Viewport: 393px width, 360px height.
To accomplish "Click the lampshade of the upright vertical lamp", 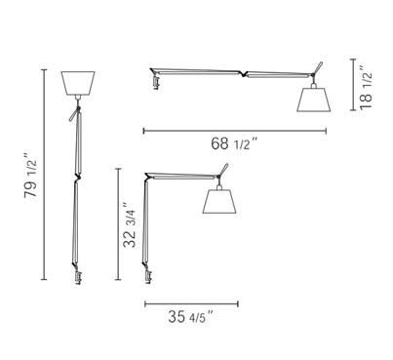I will pos(76,83).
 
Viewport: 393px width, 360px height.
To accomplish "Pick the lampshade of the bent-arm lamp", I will pos(222,202).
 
